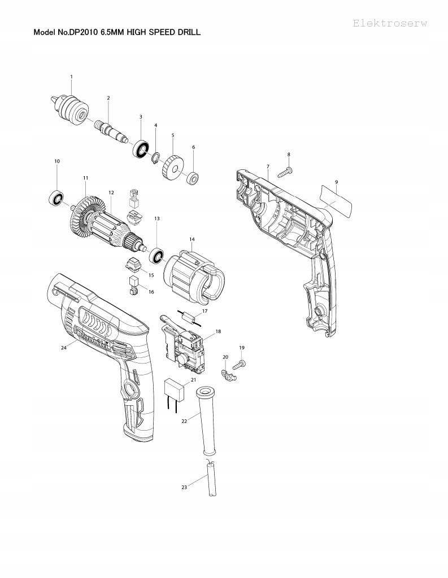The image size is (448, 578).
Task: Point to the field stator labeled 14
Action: tap(192, 273)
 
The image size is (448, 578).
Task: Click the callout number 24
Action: tap(64, 348)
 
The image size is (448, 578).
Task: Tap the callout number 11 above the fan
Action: tap(85, 178)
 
